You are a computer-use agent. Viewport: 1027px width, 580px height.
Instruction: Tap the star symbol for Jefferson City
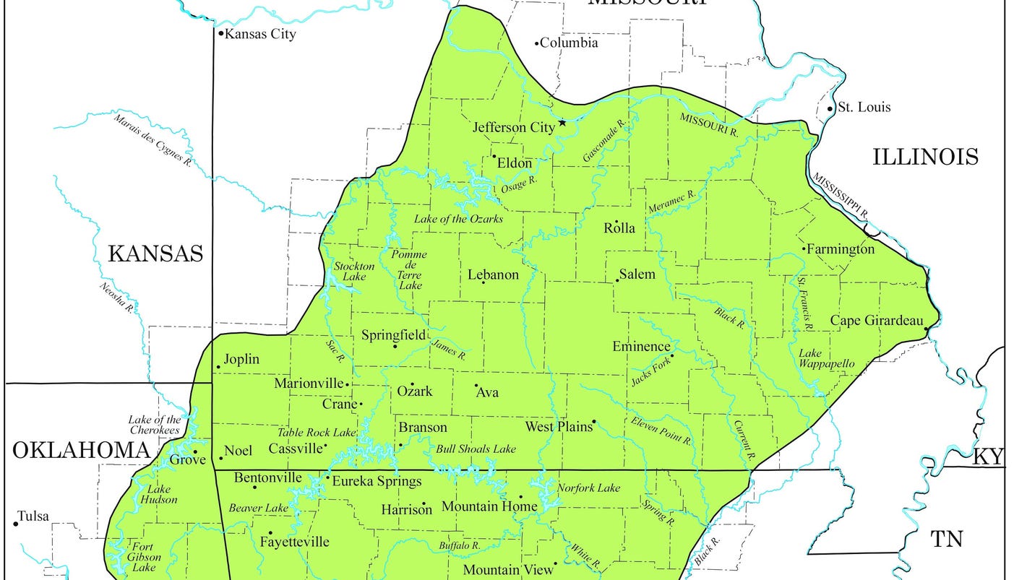(562, 123)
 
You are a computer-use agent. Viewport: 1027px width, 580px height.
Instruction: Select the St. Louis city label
(864, 108)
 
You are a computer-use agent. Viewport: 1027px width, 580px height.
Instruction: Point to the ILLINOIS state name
(925, 157)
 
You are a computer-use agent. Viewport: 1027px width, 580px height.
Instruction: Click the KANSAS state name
(155, 254)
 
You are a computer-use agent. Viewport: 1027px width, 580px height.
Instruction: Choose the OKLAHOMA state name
(81, 451)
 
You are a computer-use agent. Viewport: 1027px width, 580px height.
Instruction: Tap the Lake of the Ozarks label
(458, 219)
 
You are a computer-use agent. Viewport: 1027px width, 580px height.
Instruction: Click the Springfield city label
(393, 335)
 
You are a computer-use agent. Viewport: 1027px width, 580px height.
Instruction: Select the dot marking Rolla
(616, 222)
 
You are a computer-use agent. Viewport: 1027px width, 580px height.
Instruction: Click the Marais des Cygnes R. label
(151, 139)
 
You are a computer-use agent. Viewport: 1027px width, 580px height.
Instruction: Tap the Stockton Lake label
(354, 272)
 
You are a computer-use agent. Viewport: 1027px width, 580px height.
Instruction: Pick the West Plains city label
(558, 427)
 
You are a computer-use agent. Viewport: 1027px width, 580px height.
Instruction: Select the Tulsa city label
(34, 516)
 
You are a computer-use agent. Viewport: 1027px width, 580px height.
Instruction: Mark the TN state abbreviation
(947, 539)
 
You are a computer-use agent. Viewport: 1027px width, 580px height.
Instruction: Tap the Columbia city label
(570, 43)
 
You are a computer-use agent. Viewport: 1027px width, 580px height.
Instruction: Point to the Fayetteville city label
(294, 542)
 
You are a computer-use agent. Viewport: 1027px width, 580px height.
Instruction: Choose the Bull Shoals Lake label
(476, 449)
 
